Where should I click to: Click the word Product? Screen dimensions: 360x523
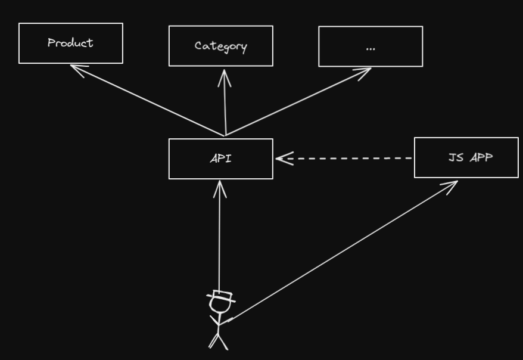(x=70, y=43)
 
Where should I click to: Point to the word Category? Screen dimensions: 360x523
(x=220, y=46)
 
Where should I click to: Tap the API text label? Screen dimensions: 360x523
(x=220, y=159)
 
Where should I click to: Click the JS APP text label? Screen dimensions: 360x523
(x=471, y=157)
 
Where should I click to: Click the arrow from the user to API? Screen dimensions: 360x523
(x=220, y=238)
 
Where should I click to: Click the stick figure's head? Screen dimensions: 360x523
(x=219, y=306)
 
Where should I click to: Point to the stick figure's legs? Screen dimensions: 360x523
(x=218, y=342)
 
